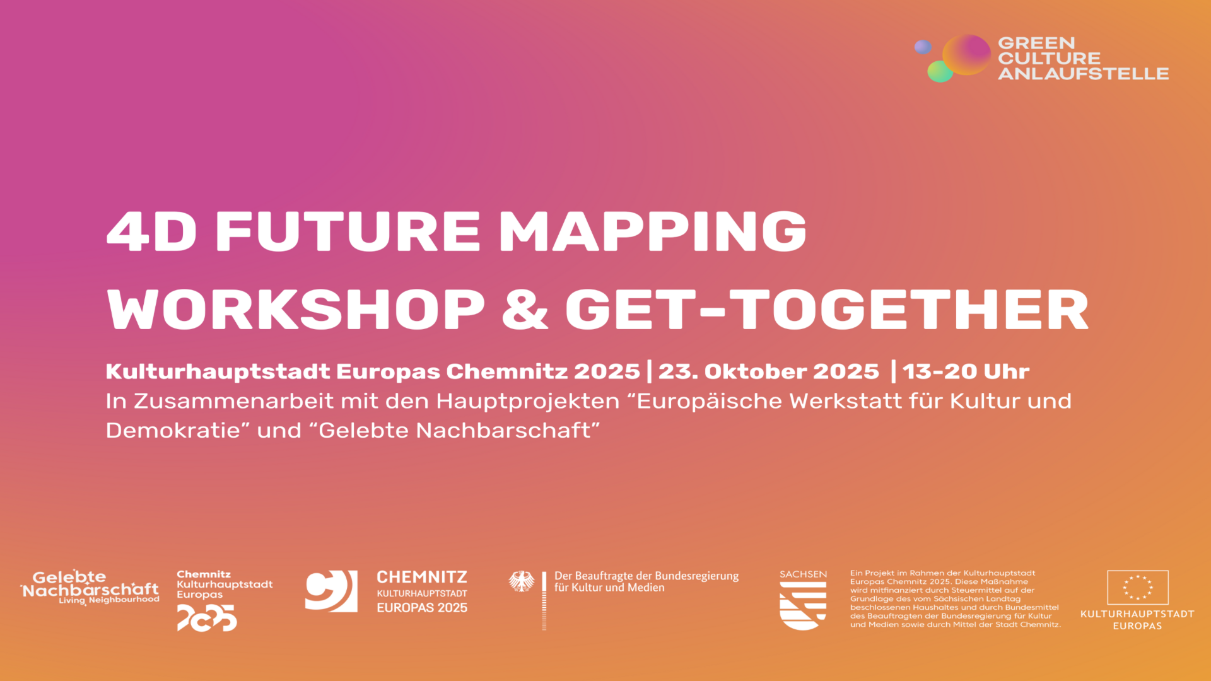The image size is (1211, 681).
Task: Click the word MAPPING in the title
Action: pos(653,231)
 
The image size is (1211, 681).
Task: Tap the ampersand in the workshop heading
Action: pos(525,309)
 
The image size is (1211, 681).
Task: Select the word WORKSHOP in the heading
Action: pos(296,309)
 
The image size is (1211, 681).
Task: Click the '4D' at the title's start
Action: pos(151,231)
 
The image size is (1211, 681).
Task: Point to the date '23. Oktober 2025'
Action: pos(768,371)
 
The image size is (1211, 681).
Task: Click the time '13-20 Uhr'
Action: pos(966,371)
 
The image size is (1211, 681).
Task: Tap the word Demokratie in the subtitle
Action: pos(178,430)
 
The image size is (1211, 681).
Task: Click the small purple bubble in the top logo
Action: pos(923,47)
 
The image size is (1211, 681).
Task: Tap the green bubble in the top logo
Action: pos(940,71)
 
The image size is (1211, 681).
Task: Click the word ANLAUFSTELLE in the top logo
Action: pos(1083,74)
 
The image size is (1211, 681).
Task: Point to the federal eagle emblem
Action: pos(522,581)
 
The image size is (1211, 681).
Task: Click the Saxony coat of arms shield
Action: pos(803,605)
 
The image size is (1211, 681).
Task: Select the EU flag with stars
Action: pos(1137,588)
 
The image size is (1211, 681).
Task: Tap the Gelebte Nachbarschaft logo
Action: pos(90,587)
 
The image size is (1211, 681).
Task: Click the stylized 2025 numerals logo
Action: pos(207,618)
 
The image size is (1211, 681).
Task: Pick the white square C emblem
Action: pos(331,591)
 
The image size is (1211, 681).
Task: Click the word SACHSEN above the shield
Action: pos(803,574)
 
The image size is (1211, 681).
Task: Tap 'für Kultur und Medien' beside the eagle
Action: pos(609,588)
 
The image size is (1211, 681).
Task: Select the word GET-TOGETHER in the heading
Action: pos(827,309)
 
